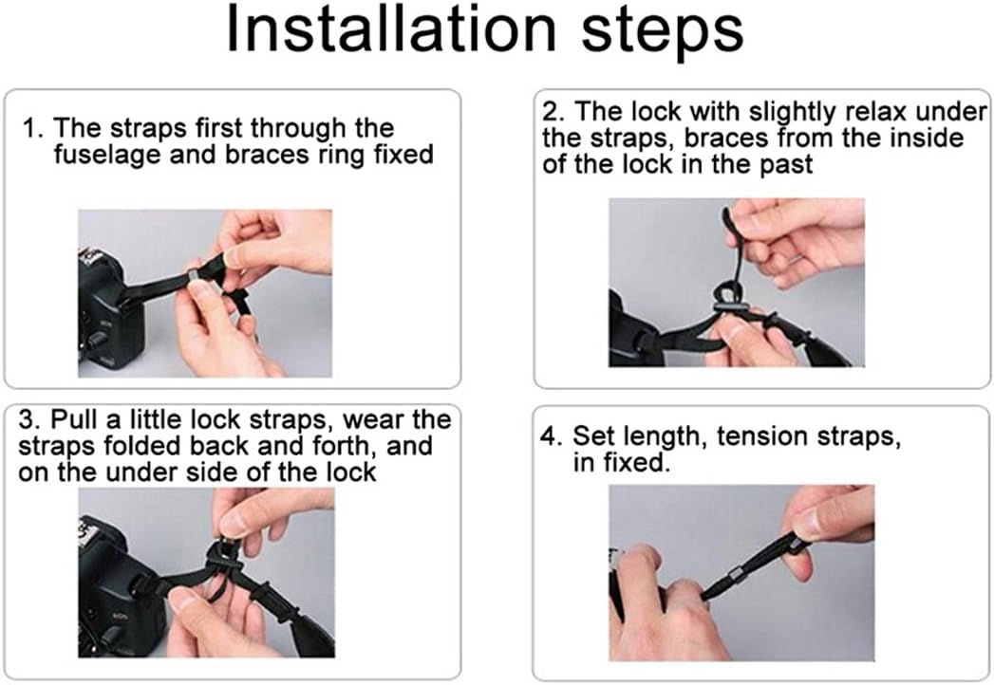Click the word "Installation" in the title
point(391,28)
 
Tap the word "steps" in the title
point(663,30)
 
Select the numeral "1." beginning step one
point(33,128)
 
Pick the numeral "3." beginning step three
point(30,419)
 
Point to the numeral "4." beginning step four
point(552,436)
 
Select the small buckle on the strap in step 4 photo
point(736,578)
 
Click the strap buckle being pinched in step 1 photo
point(195,277)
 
